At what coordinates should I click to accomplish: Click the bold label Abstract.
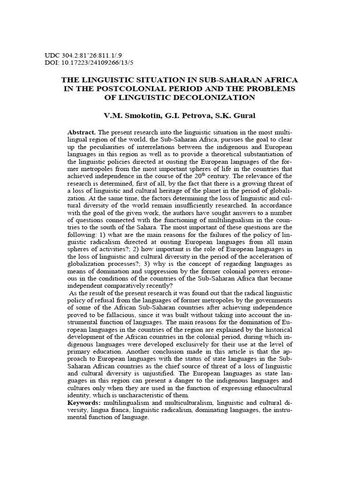(x=82, y=133)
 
